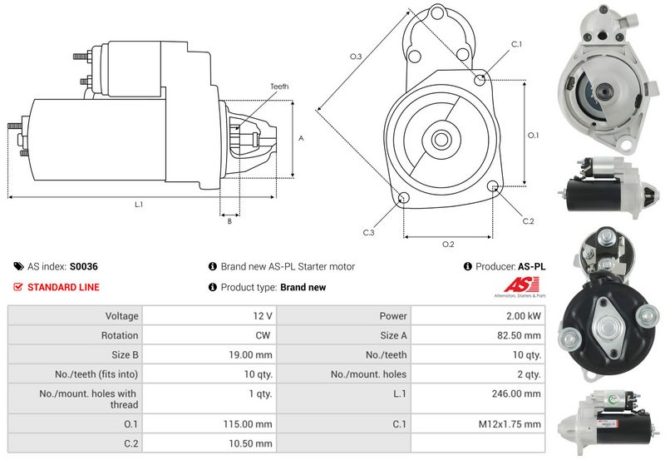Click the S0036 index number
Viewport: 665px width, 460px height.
coord(84,267)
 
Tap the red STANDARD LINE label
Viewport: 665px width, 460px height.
coord(64,287)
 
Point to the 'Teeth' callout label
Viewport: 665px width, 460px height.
coord(279,87)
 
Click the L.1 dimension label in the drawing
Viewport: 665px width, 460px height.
coord(138,204)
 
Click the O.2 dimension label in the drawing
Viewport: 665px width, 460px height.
coord(447,244)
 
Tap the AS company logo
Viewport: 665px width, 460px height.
coord(522,286)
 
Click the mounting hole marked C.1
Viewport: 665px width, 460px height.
coord(480,79)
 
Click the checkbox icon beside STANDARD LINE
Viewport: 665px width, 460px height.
coord(18,287)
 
